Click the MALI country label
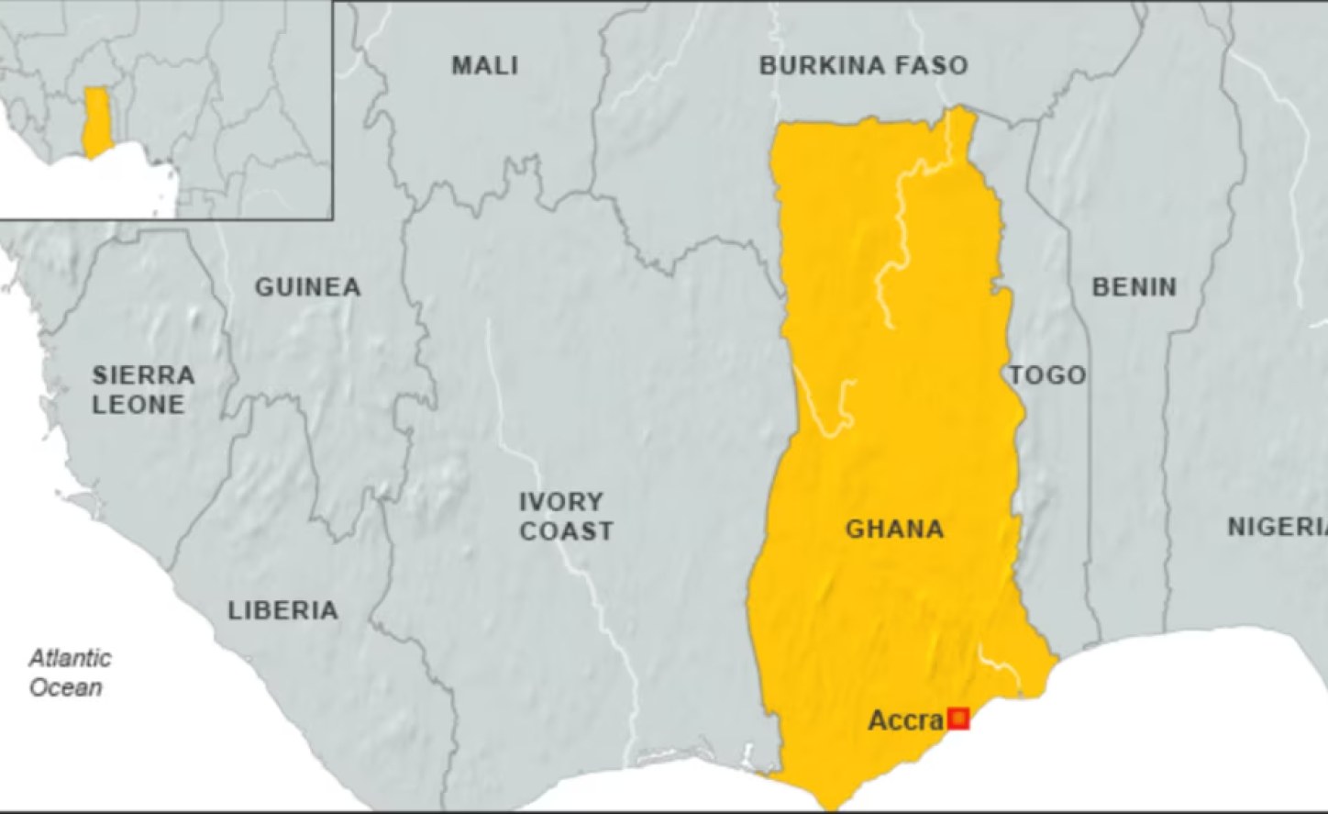click(484, 65)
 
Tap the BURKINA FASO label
click(863, 65)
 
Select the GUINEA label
click(307, 287)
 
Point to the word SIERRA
click(143, 375)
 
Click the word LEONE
click(138, 404)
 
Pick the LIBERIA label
click(282, 610)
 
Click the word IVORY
click(561, 502)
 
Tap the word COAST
click(566, 530)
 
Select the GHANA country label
click(894, 529)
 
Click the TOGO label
click(1047, 374)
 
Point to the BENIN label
click(1134, 287)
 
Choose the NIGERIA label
click(1277, 527)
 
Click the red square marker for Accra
click(958, 719)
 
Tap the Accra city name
click(905, 720)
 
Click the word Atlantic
click(70, 658)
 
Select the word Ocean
click(65, 687)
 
